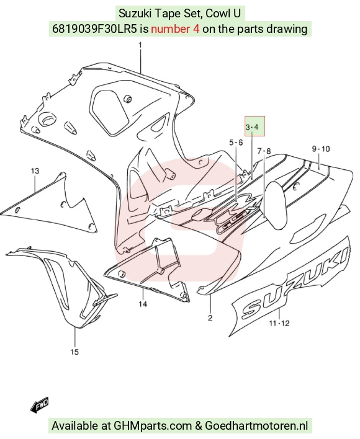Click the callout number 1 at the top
coord(140,45)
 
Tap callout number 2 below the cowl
coord(210,317)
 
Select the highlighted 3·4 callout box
coord(254,126)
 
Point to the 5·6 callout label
coord(236,143)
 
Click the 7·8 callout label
coord(264,151)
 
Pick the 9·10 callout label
coord(321,149)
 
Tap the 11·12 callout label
coord(279,324)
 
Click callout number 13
coord(35,171)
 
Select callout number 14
coord(143,304)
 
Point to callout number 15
coord(74,352)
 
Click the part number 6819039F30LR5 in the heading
coord(95,29)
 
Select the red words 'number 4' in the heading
coord(176,29)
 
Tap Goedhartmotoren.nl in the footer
coord(256,426)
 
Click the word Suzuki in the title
coord(132,13)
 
